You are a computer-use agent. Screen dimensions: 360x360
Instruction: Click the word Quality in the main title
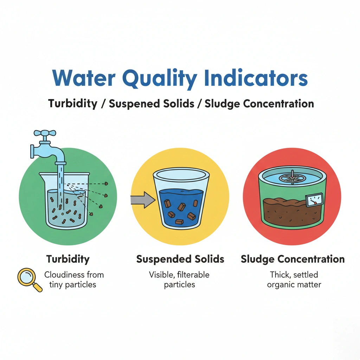(160, 79)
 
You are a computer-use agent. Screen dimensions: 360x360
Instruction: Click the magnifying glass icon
(30, 279)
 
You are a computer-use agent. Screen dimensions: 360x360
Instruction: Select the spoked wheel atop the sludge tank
(292, 178)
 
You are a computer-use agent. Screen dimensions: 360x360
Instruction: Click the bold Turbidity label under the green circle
(68, 259)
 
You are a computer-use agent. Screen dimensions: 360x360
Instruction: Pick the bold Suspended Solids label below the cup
(180, 259)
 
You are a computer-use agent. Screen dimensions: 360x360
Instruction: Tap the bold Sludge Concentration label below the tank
(293, 259)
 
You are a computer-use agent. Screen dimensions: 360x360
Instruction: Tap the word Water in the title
(84, 78)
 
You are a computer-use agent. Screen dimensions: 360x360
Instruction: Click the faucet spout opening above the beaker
(60, 163)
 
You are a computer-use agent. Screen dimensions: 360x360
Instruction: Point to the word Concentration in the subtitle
(278, 104)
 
